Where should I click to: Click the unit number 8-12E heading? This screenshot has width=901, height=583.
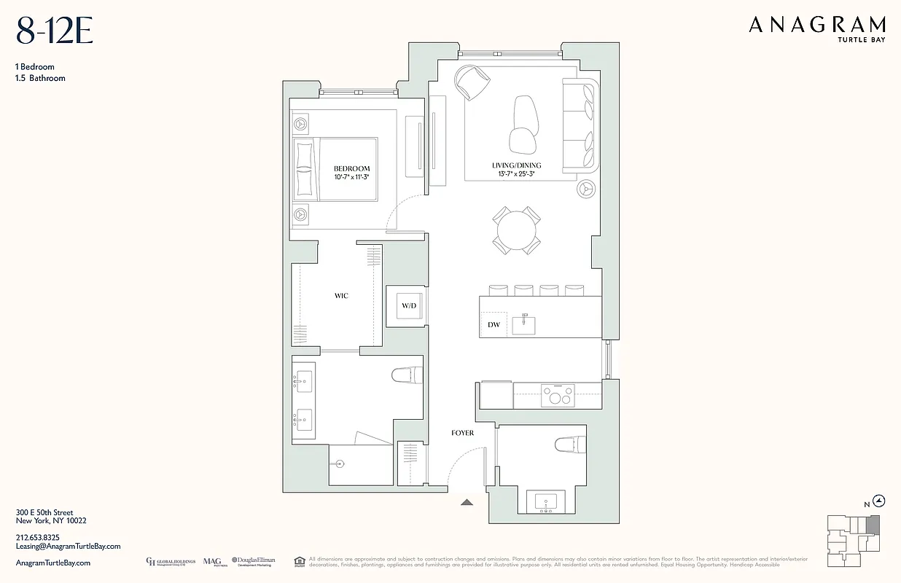(54, 31)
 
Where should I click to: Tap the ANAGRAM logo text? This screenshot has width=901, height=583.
(817, 25)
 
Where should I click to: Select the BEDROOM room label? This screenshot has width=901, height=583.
(351, 168)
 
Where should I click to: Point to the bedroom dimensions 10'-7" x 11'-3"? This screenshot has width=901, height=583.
(351, 177)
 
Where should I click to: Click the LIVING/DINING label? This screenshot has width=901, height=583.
(516, 165)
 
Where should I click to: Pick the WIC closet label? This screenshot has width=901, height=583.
(341, 296)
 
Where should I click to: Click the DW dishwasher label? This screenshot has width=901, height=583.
(494, 325)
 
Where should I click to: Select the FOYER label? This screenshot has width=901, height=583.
(462, 433)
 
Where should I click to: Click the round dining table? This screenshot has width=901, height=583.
(517, 230)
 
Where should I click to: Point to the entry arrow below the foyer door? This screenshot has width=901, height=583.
(467, 501)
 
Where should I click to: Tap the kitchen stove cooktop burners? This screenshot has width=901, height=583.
(558, 397)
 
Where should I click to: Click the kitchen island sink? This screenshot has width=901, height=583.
(523, 324)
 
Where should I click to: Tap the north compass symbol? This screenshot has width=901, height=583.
(880, 501)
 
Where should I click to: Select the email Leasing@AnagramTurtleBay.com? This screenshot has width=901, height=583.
(68, 546)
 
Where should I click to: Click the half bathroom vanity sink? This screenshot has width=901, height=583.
(545, 501)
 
